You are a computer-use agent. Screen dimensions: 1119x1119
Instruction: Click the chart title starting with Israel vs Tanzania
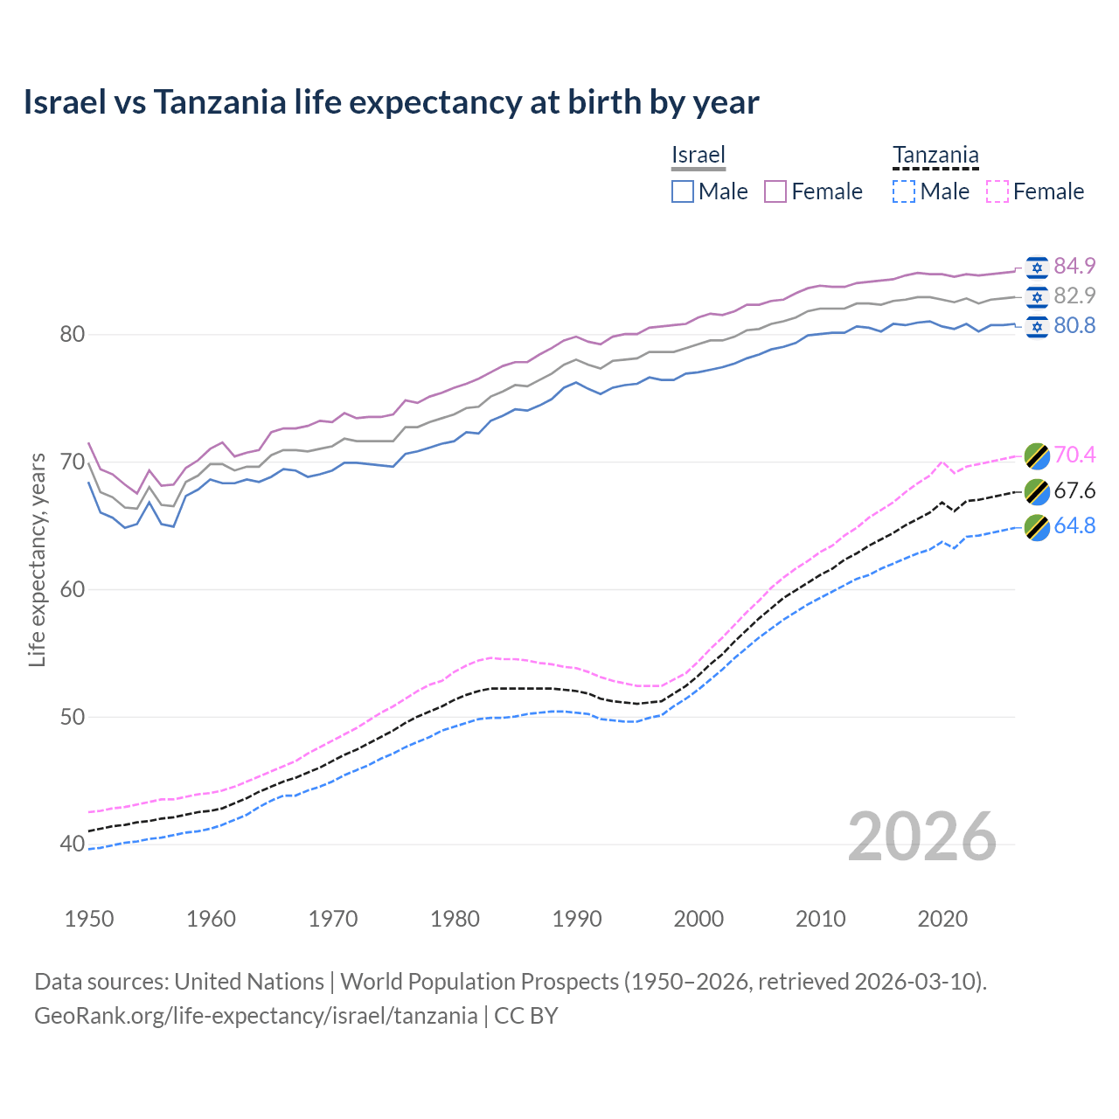(391, 102)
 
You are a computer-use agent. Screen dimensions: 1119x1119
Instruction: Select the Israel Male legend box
(683, 191)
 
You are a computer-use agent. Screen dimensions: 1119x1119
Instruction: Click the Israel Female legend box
(775, 191)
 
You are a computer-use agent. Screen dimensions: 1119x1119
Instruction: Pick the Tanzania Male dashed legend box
(904, 191)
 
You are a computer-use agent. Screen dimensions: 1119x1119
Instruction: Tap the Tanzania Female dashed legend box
(997, 191)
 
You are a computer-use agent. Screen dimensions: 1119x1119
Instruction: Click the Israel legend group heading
(699, 155)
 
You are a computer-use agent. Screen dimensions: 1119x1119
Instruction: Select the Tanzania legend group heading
(935, 155)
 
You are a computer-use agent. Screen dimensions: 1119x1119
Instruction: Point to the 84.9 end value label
(1074, 266)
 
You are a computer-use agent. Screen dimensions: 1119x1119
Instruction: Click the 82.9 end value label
(1074, 295)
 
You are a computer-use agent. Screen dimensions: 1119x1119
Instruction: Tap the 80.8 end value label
(1074, 325)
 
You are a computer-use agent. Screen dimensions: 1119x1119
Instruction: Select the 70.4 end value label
(1074, 455)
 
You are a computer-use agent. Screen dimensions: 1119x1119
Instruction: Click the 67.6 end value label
(1074, 490)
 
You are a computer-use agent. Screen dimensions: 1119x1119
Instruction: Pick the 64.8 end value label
(1074, 525)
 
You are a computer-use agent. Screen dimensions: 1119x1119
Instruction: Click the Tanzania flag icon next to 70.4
(1037, 455)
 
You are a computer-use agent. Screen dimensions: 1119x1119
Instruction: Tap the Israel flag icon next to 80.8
(1037, 326)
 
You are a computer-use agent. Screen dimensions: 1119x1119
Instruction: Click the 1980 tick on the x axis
(455, 919)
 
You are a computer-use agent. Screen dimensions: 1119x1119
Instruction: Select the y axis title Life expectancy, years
(37, 559)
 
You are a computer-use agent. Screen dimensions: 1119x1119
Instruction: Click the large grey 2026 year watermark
(921, 837)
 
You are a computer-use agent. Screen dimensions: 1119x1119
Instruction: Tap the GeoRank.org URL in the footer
(255, 1015)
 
